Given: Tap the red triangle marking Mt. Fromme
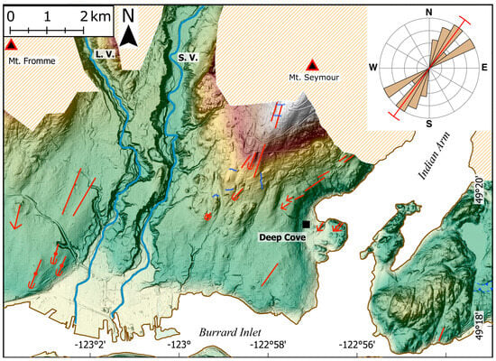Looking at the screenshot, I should click(11, 43).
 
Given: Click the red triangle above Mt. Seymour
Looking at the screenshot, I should click(312, 64).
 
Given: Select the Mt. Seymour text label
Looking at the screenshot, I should click(312, 78).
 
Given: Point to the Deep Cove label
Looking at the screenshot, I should click(282, 237).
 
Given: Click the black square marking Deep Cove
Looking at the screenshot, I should click(308, 223).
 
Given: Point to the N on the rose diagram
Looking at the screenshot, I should click(429, 11).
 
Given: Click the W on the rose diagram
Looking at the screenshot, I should click(372, 68).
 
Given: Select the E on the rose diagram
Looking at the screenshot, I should click(484, 68).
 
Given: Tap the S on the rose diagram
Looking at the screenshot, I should click(429, 123).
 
